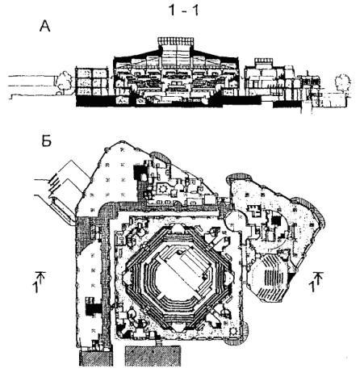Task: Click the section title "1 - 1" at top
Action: pos(184,10)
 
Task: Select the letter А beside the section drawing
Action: pos(45,27)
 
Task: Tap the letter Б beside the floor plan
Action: pos(46,141)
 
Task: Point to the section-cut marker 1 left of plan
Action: pos(39,282)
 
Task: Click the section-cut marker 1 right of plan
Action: pos(316,282)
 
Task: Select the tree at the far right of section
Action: pos(342,82)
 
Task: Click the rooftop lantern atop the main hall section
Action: pos(175,41)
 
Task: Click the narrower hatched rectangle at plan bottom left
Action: pos(96,358)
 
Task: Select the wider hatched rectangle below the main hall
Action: pos(153,356)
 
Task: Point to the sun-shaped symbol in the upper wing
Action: pos(163,188)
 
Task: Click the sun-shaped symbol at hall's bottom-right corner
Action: pos(233,331)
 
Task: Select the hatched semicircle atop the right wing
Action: pos(241,177)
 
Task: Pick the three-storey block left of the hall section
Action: pos(92,82)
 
